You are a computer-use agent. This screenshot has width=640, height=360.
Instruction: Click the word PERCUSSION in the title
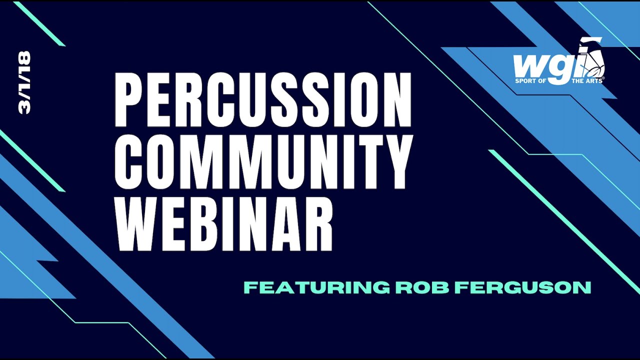tap(263, 100)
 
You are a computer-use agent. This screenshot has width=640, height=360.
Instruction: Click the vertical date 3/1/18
tap(24, 82)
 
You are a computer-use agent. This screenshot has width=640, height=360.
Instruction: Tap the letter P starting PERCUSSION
tap(129, 100)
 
